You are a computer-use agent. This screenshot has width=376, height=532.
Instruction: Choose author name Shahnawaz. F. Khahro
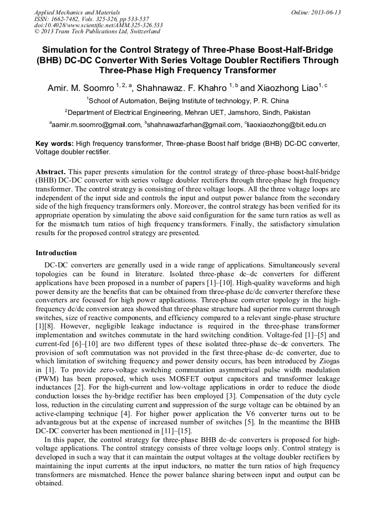tap(181, 88)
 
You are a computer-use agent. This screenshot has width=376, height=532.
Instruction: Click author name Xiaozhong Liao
tap(285, 88)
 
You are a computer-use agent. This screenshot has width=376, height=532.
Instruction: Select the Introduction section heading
tap(56, 253)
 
